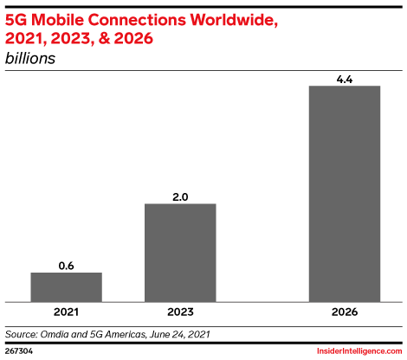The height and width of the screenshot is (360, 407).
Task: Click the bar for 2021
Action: [66, 286]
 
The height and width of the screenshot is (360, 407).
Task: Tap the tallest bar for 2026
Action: [345, 192]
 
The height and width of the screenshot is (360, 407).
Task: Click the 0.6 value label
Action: [66, 266]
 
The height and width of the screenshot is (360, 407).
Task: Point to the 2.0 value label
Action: [179, 196]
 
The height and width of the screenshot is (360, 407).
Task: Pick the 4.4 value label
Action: [345, 79]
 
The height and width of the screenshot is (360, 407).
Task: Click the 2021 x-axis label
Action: [66, 311]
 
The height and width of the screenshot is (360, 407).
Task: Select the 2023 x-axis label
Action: [179, 311]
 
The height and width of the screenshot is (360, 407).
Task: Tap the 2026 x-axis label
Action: [345, 311]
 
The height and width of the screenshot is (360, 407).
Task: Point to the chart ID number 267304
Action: [19, 351]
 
